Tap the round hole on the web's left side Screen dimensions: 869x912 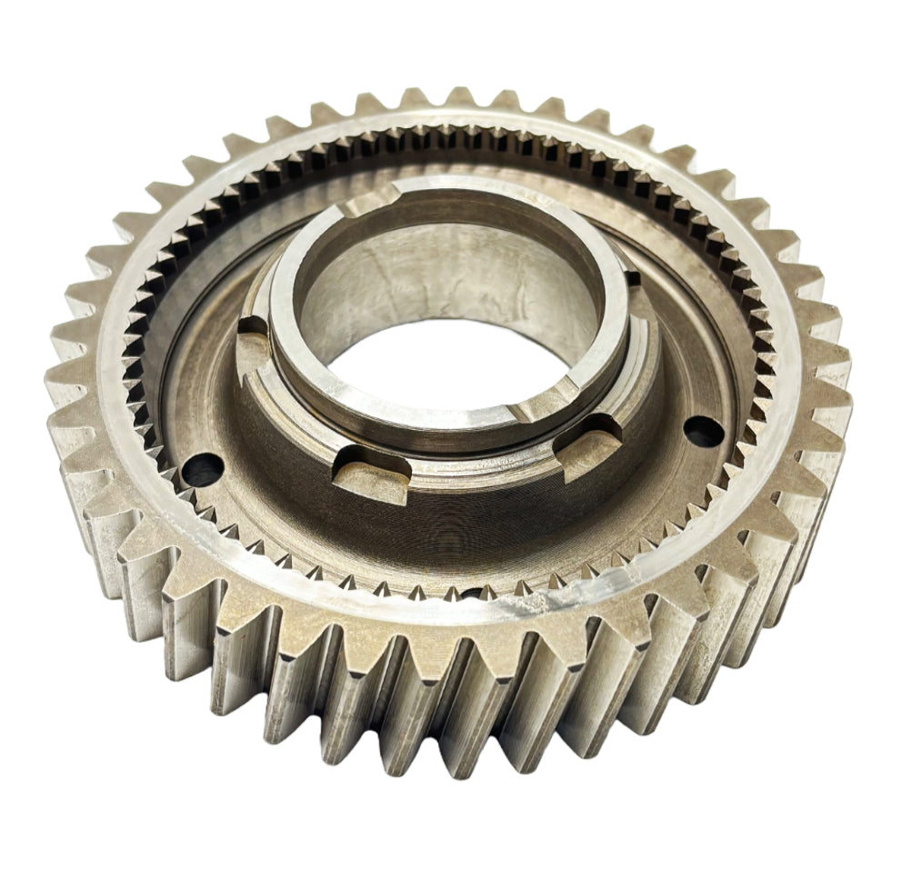202,469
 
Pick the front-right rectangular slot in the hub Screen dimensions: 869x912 589,443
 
